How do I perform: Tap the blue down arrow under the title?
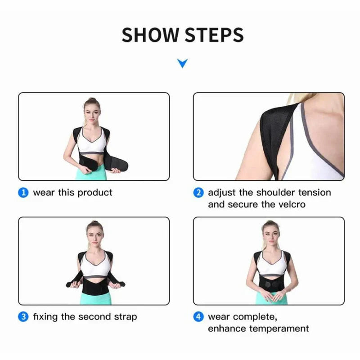pos(182,63)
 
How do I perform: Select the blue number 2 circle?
pos(198,193)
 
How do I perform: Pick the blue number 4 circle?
pos(198,317)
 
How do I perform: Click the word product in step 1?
pos(95,193)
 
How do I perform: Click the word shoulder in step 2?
pos(276,193)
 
